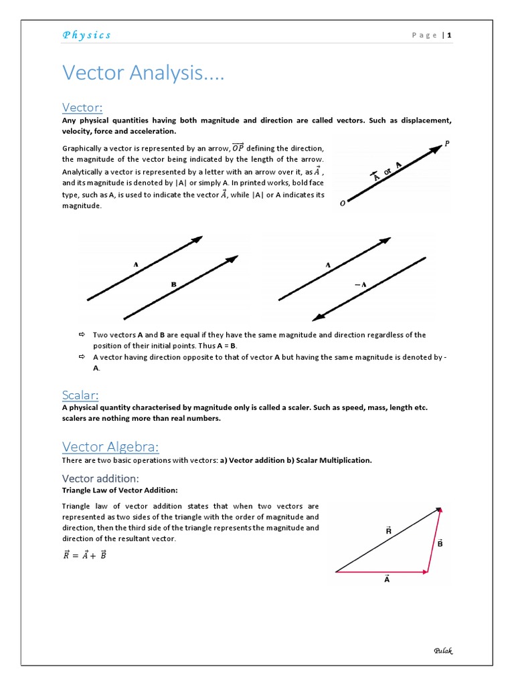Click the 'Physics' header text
87,35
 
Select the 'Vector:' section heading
82,108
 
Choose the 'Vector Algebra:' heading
110,446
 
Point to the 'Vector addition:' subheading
100,478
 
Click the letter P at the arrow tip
446,143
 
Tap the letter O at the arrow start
343,203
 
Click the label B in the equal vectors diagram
173,284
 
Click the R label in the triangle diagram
389,530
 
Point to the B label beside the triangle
440,543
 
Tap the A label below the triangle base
387,579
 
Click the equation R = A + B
85,555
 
